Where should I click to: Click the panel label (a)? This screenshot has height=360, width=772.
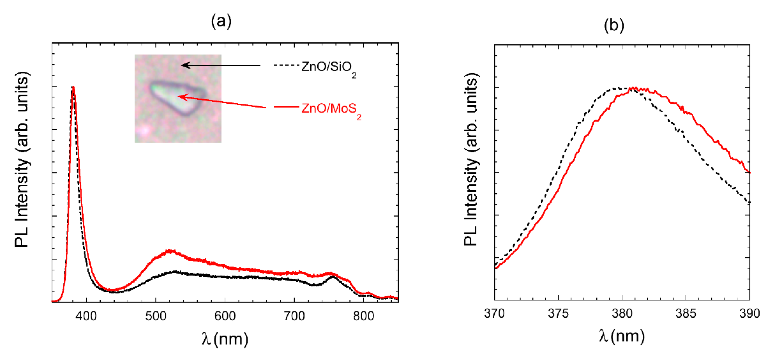221,22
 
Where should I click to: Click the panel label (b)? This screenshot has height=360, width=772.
614,25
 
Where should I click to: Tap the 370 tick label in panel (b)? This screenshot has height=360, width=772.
494,314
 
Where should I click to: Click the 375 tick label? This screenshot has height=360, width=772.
558,314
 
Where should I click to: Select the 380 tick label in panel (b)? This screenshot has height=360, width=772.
622,314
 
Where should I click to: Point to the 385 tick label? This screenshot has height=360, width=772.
686,314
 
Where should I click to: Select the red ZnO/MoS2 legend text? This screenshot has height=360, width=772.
331,109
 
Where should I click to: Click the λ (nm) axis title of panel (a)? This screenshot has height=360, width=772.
225,339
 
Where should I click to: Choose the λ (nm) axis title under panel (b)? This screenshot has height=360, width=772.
622,336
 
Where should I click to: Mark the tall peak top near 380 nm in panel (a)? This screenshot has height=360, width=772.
73,88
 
